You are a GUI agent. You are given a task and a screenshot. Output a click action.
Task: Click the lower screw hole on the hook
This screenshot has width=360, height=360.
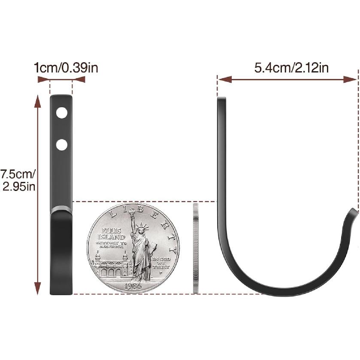[x=62, y=145]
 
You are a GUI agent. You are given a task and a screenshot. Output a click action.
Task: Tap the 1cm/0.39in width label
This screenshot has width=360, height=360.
[x=66, y=67]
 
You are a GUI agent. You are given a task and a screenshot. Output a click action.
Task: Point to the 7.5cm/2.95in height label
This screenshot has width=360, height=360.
[x=18, y=180]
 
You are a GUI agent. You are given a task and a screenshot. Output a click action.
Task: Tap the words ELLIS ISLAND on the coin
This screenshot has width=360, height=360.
[x=111, y=234]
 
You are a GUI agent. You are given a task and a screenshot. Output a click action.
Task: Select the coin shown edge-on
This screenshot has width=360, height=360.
[x=196, y=249]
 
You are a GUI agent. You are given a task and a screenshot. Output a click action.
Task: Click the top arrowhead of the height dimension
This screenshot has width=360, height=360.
[x=38, y=101]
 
